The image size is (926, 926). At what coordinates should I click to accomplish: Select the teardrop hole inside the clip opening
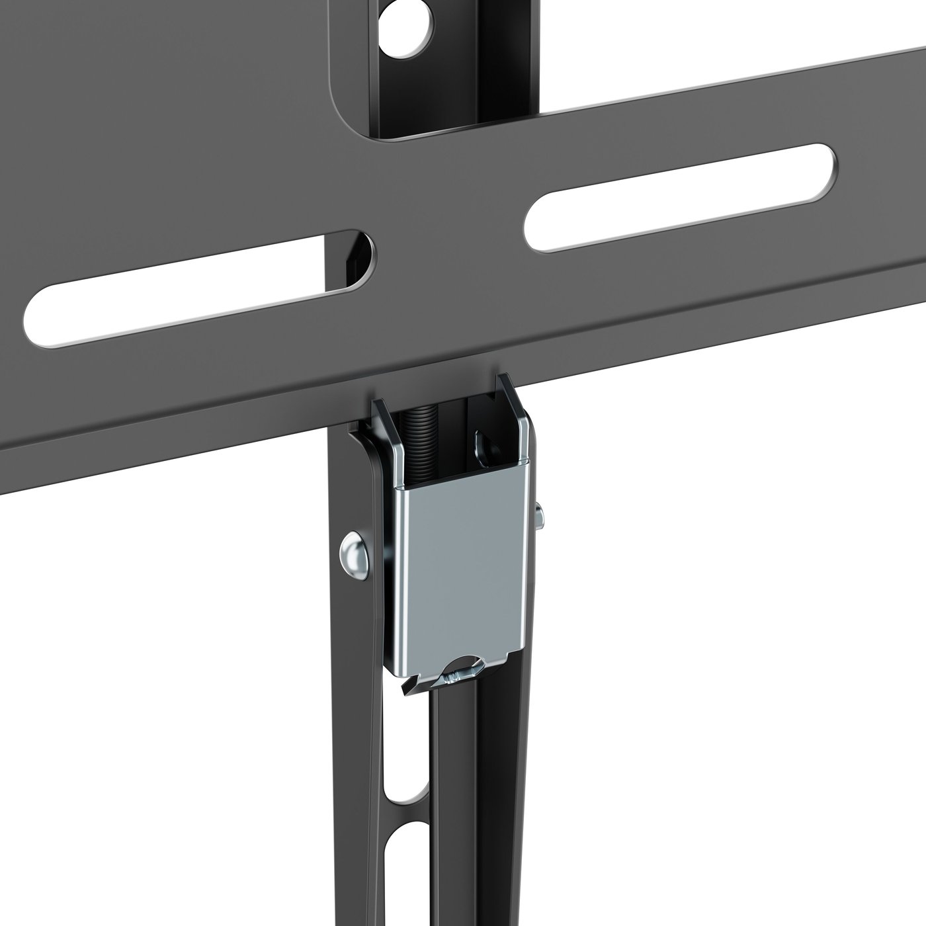coord(481,444)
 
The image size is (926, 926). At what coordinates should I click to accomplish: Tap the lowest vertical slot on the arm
coord(397,873)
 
